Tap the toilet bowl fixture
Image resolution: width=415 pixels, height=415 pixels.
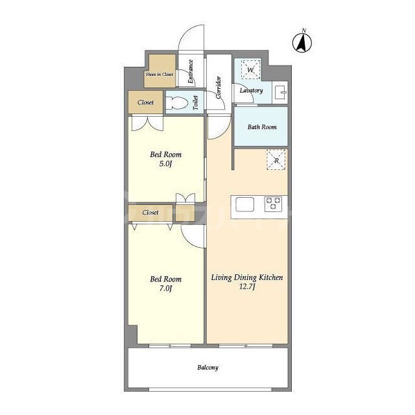click(x=177, y=102)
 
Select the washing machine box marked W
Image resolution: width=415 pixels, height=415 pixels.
click(x=250, y=69)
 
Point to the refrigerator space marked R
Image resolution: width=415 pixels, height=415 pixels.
click(x=276, y=160)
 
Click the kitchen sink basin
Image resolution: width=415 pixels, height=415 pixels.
click(x=245, y=204)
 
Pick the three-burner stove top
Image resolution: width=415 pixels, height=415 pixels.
click(x=273, y=204)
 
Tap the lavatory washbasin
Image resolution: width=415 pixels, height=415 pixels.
click(x=281, y=92)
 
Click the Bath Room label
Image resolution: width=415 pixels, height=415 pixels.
click(x=262, y=127)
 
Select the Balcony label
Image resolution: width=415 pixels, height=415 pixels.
click(x=207, y=368)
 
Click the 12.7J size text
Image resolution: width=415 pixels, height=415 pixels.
click(x=247, y=287)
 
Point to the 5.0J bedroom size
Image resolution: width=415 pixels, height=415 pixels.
click(x=166, y=163)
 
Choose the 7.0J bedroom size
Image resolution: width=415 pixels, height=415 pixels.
click(x=166, y=288)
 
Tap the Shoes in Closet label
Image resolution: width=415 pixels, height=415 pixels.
click(x=160, y=75)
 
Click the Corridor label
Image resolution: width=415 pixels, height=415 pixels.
click(x=219, y=88)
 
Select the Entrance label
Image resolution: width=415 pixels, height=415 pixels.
click(x=190, y=71)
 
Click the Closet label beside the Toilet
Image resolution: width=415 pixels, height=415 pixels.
click(x=145, y=102)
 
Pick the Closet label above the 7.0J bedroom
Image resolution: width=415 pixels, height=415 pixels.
click(x=150, y=212)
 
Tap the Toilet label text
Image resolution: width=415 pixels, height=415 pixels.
click(x=196, y=102)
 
